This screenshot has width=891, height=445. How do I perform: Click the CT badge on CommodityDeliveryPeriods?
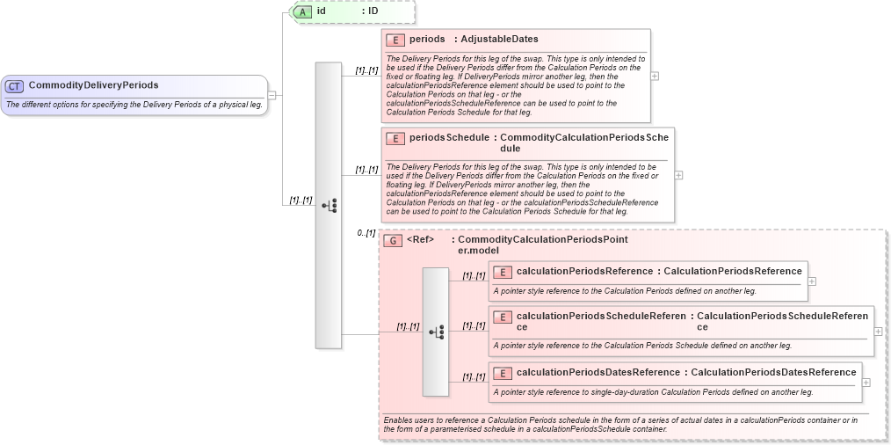click(15, 85)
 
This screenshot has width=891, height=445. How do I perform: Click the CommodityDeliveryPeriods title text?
click(93, 85)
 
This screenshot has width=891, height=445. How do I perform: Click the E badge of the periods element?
click(395, 40)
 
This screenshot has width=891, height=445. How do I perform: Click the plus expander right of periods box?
click(655, 76)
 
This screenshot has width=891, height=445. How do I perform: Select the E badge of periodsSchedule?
click(395, 138)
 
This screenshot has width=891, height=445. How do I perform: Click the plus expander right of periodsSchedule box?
click(678, 175)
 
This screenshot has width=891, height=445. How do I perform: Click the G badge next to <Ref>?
click(393, 240)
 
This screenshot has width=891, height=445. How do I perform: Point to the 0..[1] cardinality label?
click(366, 233)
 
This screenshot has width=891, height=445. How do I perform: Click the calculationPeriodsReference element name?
click(584, 272)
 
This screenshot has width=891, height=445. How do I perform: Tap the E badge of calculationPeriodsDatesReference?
click(502, 373)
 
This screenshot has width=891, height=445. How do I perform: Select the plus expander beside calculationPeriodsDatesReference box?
click(866, 383)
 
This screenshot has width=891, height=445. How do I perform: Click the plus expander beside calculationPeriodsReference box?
click(812, 281)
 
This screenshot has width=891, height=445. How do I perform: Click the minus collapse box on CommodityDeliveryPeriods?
click(272, 95)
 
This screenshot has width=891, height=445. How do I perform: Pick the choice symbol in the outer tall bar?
click(329, 205)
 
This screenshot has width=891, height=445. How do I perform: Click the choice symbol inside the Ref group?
click(436, 332)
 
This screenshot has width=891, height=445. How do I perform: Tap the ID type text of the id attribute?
click(373, 11)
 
